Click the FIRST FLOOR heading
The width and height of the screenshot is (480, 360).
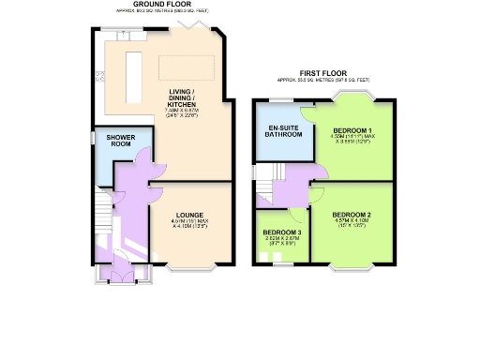tap(323, 72)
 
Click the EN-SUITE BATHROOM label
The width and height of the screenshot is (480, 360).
tap(284, 130)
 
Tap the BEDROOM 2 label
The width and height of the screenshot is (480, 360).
tap(353, 216)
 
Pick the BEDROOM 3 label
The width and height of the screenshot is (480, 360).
tap(282, 232)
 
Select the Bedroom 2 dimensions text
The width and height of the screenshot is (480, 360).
tap(353, 225)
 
